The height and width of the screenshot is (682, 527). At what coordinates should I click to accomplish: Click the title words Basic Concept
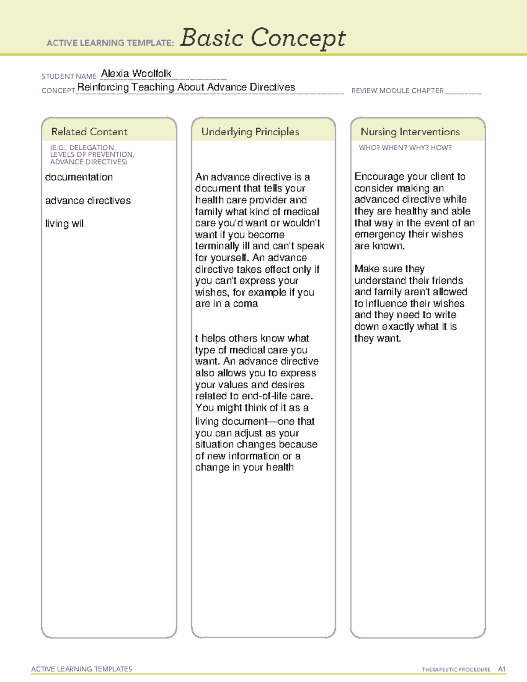[x=263, y=38]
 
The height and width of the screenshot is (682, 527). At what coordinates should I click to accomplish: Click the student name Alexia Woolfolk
[x=136, y=74]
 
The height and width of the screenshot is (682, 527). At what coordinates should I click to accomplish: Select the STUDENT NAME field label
[x=69, y=76]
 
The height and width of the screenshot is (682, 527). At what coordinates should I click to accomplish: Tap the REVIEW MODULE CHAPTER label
[x=397, y=91]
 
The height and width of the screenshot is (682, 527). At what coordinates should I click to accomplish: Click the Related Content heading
[x=89, y=132]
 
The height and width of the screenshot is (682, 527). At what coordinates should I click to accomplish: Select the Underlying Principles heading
[x=250, y=132]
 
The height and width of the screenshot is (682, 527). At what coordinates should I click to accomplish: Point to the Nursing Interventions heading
[x=410, y=132]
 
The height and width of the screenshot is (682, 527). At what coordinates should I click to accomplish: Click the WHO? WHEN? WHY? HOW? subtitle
[x=405, y=148]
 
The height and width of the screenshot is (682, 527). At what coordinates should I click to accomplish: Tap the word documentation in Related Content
[x=79, y=177]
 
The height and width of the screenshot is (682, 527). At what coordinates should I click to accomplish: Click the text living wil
[x=64, y=224]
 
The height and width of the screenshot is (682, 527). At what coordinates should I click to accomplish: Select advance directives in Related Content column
[x=88, y=201]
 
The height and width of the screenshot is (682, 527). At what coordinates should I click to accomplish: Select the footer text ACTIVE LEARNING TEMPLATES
[x=82, y=669]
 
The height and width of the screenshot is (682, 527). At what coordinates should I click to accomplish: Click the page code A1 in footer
[x=502, y=669]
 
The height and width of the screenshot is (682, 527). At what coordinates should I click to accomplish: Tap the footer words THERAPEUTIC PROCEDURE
[x=456, y=670]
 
